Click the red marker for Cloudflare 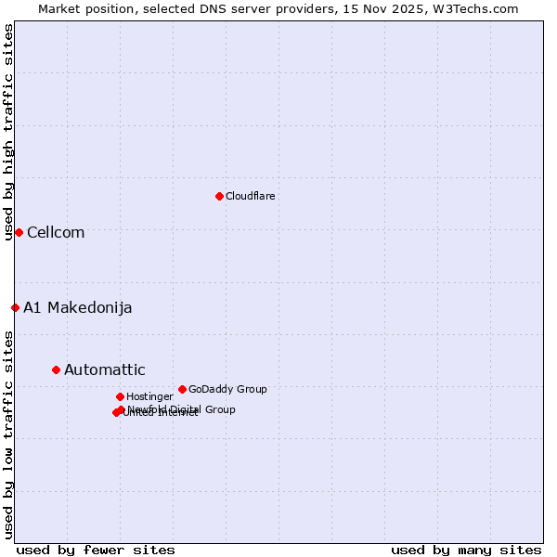(219, 196)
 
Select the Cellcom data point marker (19, 232)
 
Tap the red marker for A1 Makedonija (15, 307)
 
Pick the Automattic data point (56, 369)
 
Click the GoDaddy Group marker (182, 389)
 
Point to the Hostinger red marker (120, 396)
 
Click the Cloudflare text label (251, 196)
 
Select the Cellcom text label (56, 232)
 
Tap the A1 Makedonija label (78, 307)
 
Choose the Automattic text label (105, 369)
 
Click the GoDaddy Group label (227, 389)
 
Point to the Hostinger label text (149, 396)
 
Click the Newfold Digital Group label (182, 409)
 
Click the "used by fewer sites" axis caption (96, 550)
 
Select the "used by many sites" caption (466, 550)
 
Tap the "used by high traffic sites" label (8, 132)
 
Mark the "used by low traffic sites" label (8, 434)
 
